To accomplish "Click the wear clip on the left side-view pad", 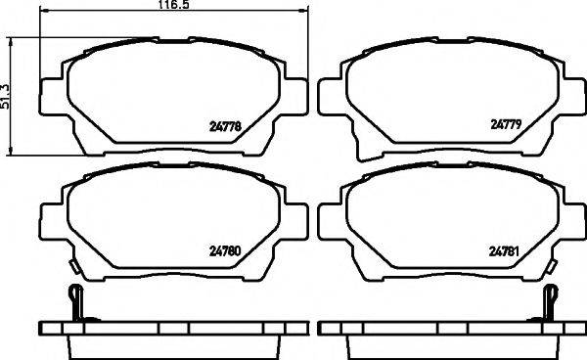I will click(x=77, y=300).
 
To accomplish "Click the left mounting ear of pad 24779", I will click(x=331, y=94).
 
